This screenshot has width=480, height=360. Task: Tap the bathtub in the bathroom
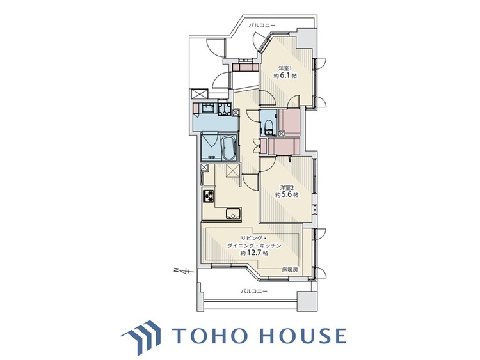(228, 148)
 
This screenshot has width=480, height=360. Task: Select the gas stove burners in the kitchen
(208, 196)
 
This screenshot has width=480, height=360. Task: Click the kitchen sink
(234, 214)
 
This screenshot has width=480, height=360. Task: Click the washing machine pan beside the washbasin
(225, 109)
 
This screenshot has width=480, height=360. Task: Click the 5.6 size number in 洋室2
(287, 194)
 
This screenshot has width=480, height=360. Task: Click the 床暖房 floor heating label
(289, 270)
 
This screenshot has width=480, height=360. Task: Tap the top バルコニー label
(262, 25)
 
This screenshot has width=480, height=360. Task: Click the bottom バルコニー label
(254, 291)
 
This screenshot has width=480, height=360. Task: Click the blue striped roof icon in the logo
(141, 336)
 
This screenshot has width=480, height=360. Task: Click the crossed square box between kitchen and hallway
(232, 169)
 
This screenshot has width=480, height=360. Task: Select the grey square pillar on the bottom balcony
(305, 301)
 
